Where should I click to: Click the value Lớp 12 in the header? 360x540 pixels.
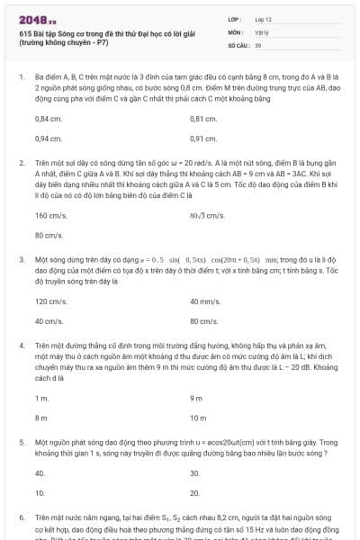(x=264, y=19)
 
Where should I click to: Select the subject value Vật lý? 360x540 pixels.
(x=262, y=31)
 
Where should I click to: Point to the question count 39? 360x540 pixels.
(x=258, y=43)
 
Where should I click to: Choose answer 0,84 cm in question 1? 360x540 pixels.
(x=49, y=119)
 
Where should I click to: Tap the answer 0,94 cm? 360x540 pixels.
(x=49, y=139)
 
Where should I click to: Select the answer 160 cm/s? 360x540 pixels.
(x=50, y=215)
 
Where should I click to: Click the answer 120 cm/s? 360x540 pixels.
(x=50, y=301)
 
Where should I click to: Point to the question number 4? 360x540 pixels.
(x=21, y=345)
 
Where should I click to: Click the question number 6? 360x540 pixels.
(x=21, y=519)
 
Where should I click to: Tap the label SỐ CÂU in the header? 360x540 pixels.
(x=238, y=43)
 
